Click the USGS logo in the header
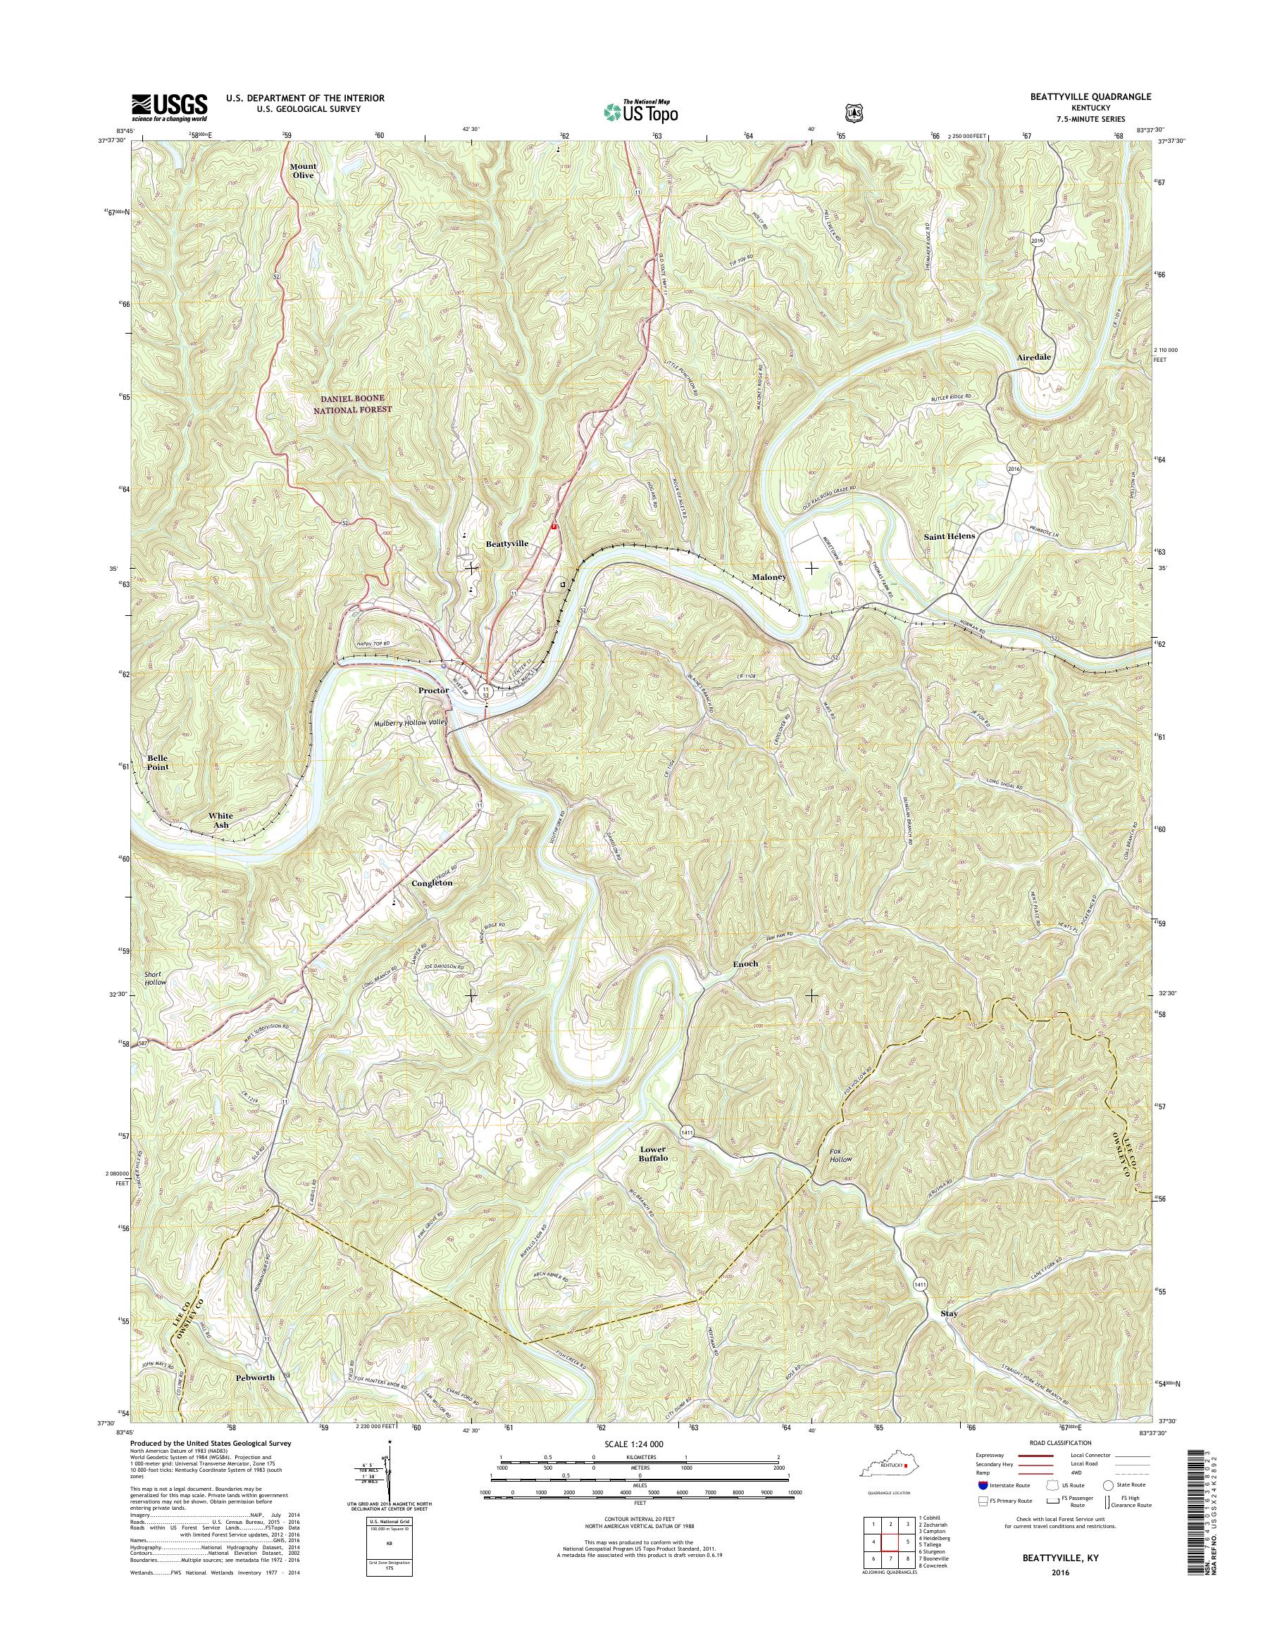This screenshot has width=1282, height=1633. tap(170, 107)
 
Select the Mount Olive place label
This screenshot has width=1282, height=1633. tap(304, 170)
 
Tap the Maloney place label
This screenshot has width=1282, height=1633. tap(768, 577)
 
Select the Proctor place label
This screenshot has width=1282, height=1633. tap(434, 689)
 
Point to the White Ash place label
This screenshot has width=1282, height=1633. tap(220, 820)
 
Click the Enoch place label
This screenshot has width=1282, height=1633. tap(745, 963)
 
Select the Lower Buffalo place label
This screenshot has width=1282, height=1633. tap(653, 1154)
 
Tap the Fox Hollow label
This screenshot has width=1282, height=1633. tap(840, 1154)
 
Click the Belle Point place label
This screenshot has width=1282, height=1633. tap(158, 762)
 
